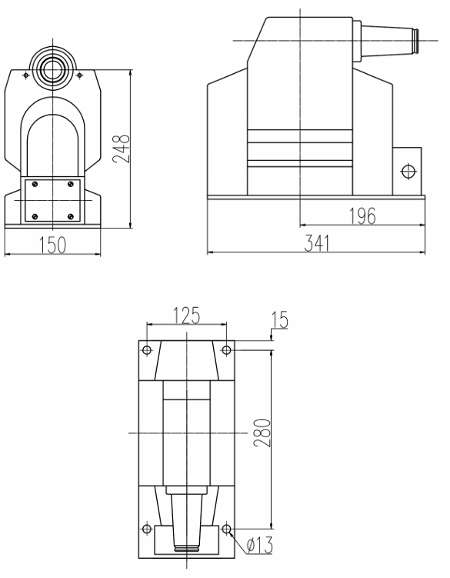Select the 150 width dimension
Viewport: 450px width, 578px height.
pos(52,244)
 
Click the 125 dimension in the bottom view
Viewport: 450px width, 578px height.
pos(186,315)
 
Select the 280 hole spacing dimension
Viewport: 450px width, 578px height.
pos(263,436)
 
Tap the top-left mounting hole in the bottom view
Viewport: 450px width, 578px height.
pos(147,351)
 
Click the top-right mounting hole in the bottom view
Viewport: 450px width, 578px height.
pos(226,351)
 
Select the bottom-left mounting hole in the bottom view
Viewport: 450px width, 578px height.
pos(147,529)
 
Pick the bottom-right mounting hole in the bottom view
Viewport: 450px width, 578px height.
pos(226,529)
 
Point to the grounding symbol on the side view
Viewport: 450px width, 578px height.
pos(408,170)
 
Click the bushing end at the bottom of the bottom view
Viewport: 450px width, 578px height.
pos(187,549)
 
